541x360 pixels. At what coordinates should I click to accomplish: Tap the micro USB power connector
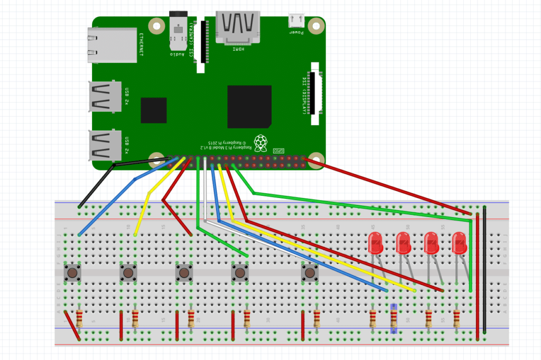[x=296, y=21]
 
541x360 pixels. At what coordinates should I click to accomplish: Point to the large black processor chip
[x=249, y=107]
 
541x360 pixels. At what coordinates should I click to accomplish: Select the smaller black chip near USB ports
[x=154, y=110]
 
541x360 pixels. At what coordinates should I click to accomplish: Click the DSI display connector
[x=315, y=93]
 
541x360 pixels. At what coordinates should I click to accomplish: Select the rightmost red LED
[x=460, y=243]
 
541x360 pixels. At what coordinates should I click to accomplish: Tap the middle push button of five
[x=184, y=273]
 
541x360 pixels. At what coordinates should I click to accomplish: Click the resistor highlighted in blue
[x=393, y=318]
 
